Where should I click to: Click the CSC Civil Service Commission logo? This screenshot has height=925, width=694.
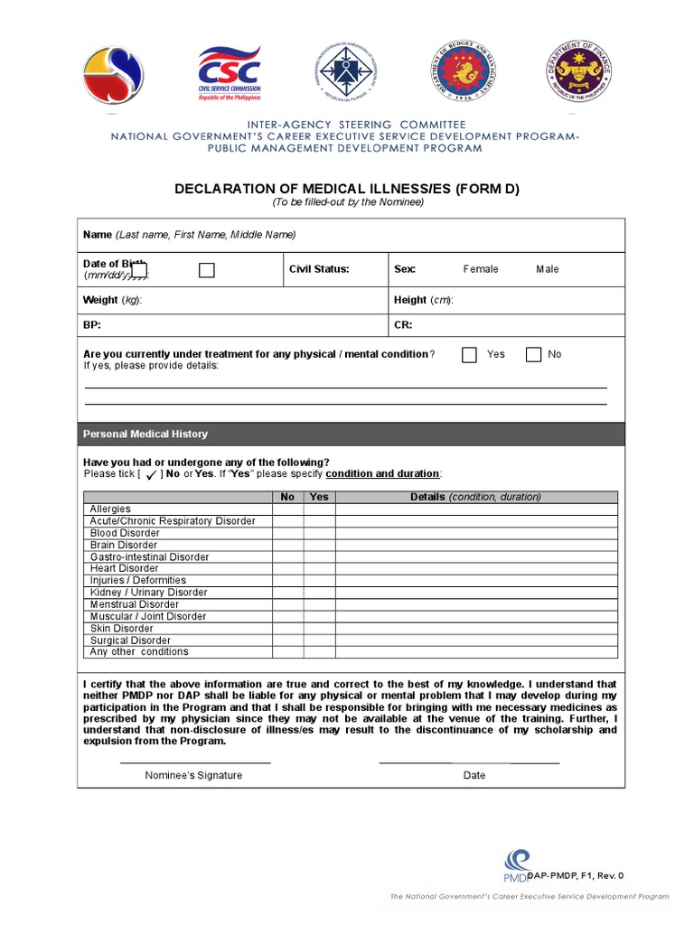(x=230, y=75)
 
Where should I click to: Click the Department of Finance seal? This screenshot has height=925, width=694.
(x=577, y=73)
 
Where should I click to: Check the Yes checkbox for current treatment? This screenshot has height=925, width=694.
(x=469, y=355)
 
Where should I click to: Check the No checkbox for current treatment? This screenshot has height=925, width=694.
(x=534, y=355)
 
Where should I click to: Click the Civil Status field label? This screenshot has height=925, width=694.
(x=319, y=269)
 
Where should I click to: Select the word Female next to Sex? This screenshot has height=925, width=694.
(x=481, y=269)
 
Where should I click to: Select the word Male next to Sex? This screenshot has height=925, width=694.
(x=548, y=269)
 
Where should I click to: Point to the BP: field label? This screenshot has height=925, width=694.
(x=92, y=324)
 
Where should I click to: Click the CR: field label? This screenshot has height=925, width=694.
(x=403, y=324)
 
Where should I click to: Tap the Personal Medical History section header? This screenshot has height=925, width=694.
(x=145, y=434)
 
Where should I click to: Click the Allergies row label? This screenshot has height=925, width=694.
(x=110, y=509)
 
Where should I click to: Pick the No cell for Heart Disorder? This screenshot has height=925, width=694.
(x=287, y=569)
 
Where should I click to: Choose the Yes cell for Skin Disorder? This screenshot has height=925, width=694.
(x=319, y=629)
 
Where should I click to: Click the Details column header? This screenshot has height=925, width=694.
(x=475, y=497)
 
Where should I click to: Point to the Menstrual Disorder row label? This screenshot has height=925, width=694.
(x=135, y=604)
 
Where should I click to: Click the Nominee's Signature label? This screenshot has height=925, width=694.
(x=193, y=775)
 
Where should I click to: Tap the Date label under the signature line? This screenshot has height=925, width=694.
(x=474, y=775)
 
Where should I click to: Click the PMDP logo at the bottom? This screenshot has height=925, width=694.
(x=518, y=865)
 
